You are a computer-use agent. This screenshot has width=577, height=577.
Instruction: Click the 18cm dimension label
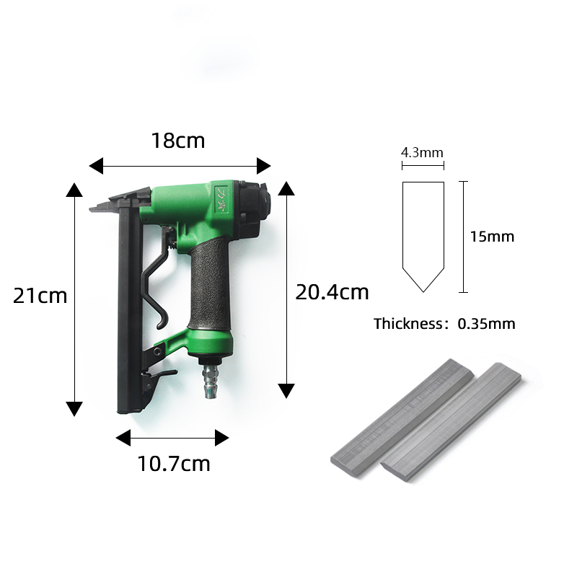pos(178,141)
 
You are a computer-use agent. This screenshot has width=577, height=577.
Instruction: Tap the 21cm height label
pos(40,296)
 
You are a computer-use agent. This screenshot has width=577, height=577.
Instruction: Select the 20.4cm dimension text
pos(332,293)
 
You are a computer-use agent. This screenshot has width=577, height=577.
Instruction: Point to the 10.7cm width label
pos(174,464)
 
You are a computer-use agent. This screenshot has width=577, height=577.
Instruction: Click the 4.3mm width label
pos(422,152)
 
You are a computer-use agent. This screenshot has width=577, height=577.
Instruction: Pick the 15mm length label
pos(492,237)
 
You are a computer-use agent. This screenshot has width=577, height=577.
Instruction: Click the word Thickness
pos(408,324)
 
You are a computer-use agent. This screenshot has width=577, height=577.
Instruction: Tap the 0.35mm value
pos(486,324)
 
